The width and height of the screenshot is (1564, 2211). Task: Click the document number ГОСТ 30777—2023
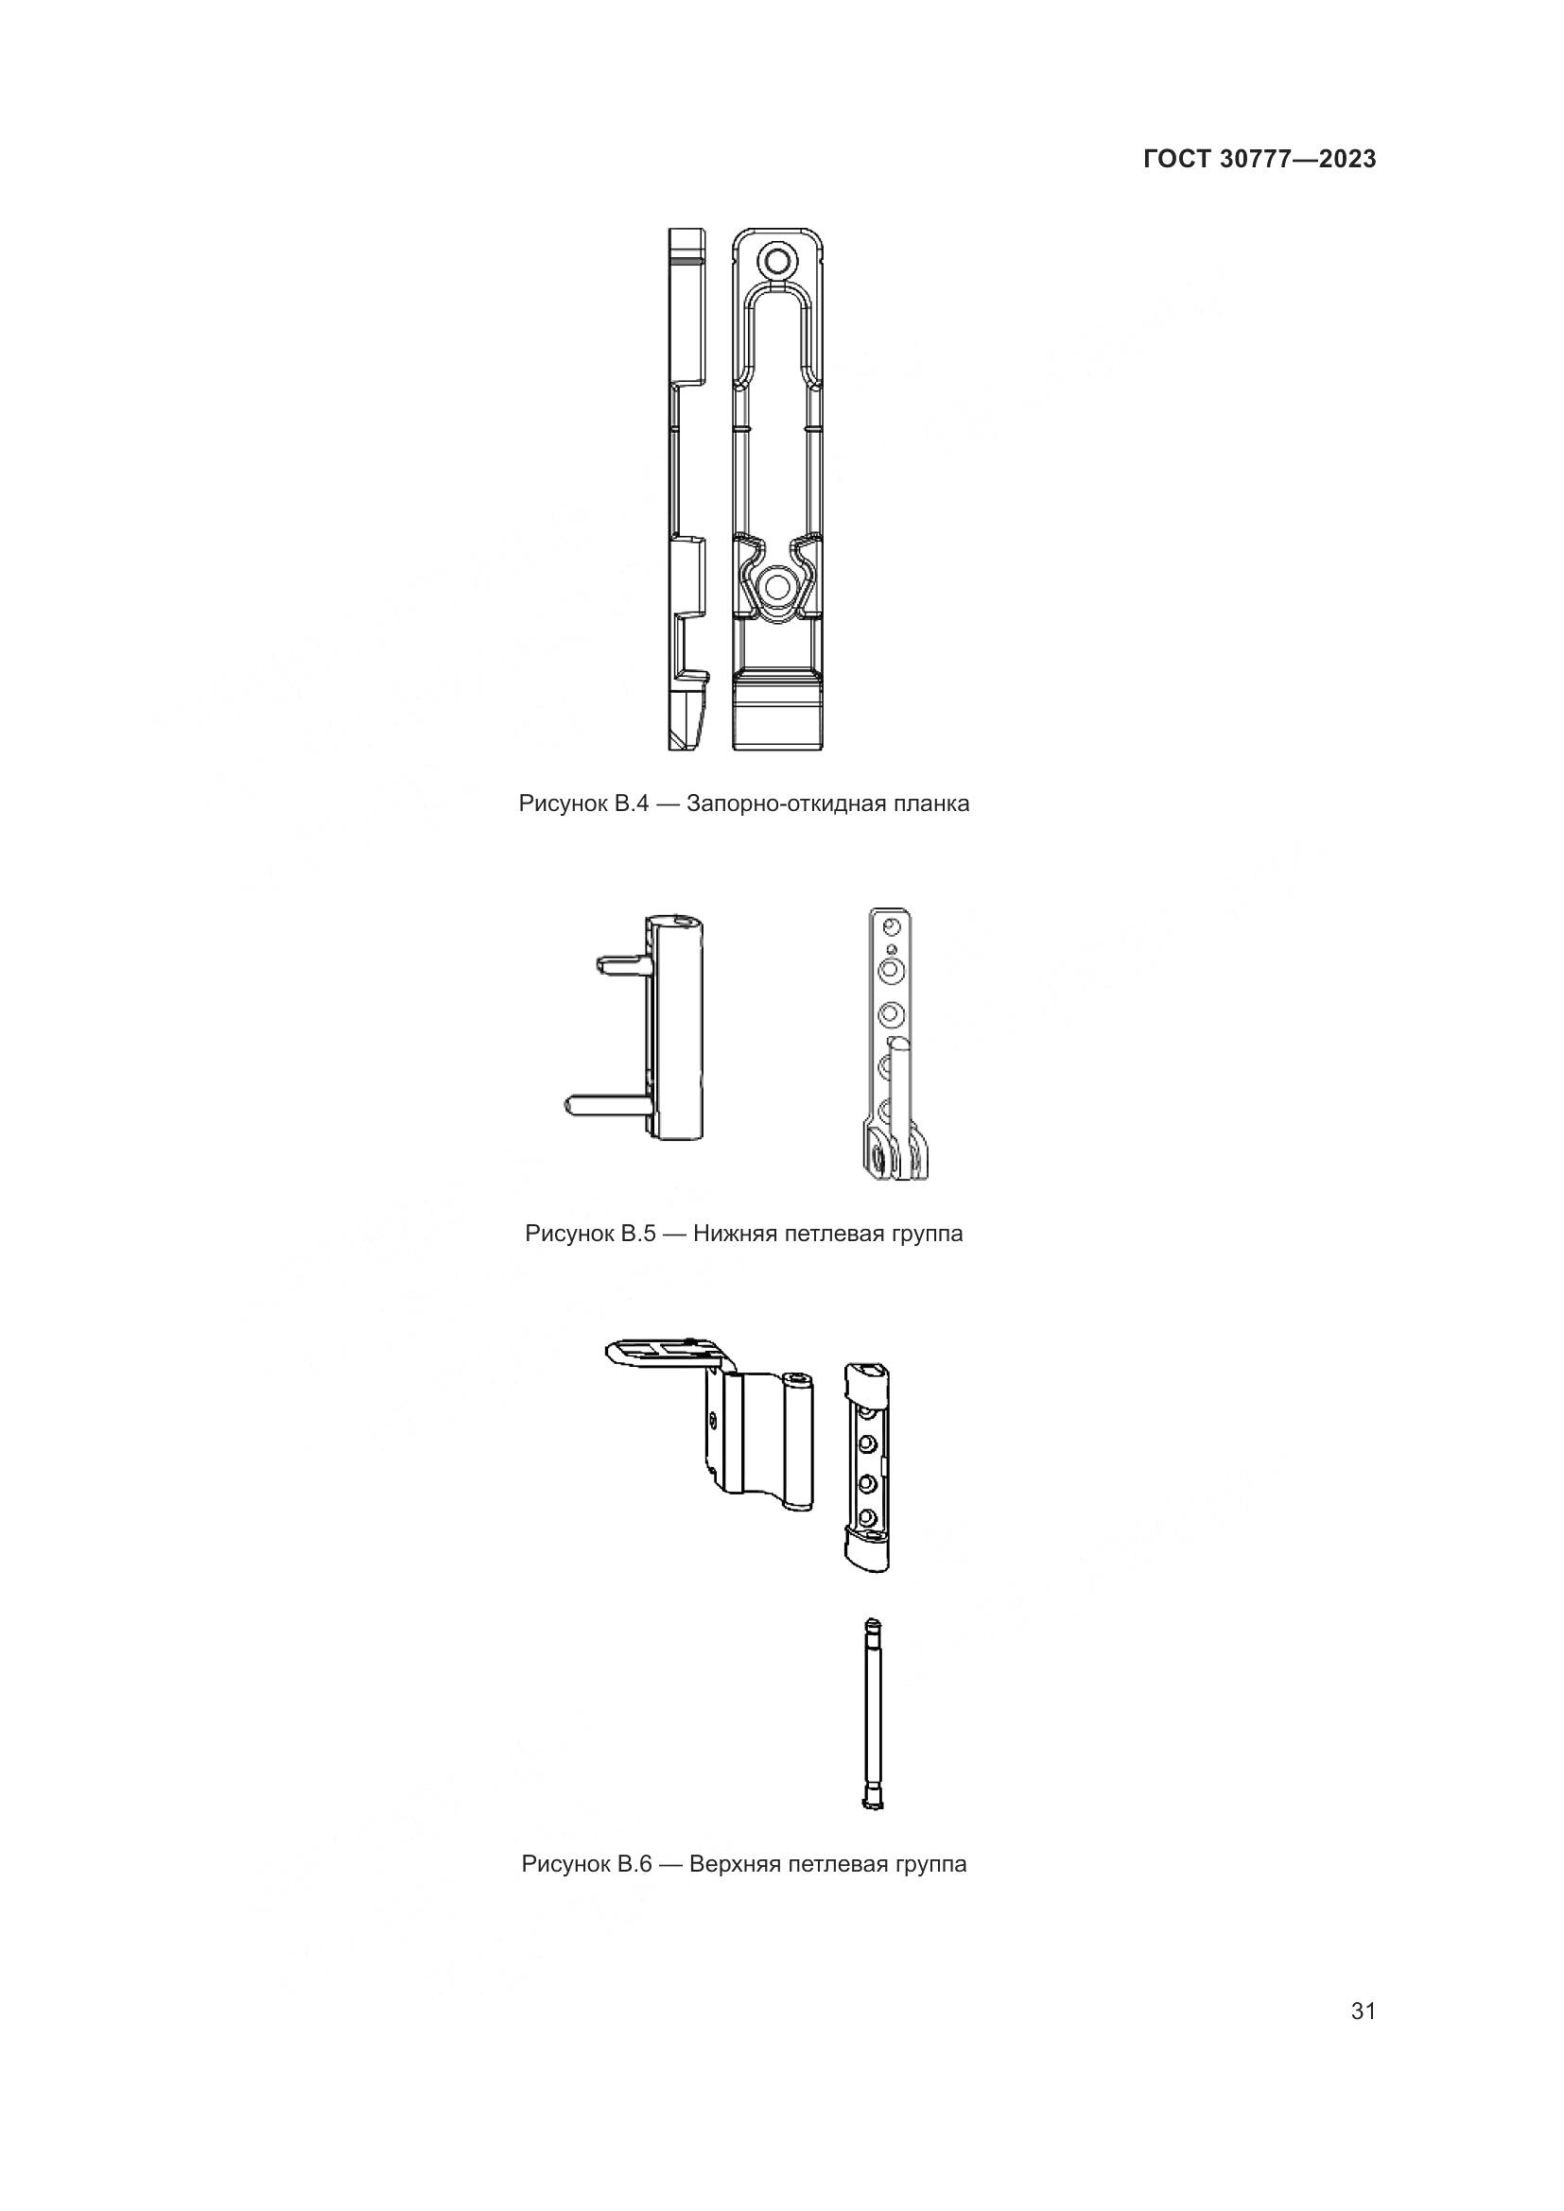(1260, 160)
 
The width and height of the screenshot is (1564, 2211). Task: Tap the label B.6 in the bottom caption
(633, 1864)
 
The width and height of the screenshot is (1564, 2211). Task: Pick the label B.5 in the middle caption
(635, 1234)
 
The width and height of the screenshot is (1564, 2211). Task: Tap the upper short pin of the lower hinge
(621, 962)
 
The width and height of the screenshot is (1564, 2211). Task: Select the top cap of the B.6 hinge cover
(868, 1382)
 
